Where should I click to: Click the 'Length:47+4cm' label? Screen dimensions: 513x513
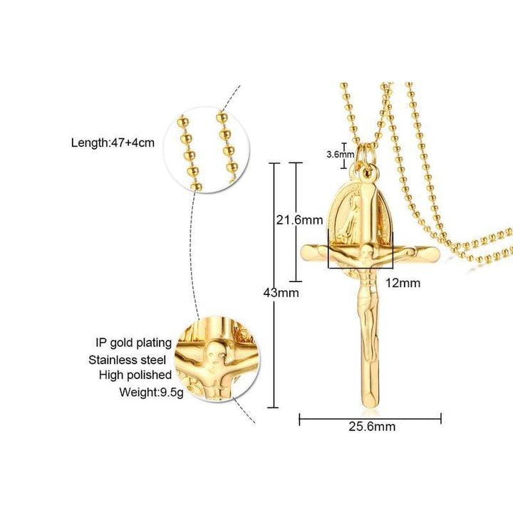pyautogui.click(x=113, y=142)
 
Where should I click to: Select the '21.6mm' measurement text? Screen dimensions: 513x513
pyautogui.click(x=299, y=220)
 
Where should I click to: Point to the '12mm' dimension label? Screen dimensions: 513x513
pyautogui.click(x=403, y=283)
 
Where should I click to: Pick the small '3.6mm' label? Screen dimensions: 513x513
pyautogui.click(x=339, y=154)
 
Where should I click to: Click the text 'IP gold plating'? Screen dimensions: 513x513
pyautogui.click(x=135, y=342)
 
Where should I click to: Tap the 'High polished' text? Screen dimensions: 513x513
pyautogui.click(x=135, y=375)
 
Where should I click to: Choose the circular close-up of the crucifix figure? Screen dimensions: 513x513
pyautogui.click(x=217, y=359)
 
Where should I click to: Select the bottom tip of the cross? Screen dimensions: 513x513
pyautogui.click(x=369, y=405)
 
